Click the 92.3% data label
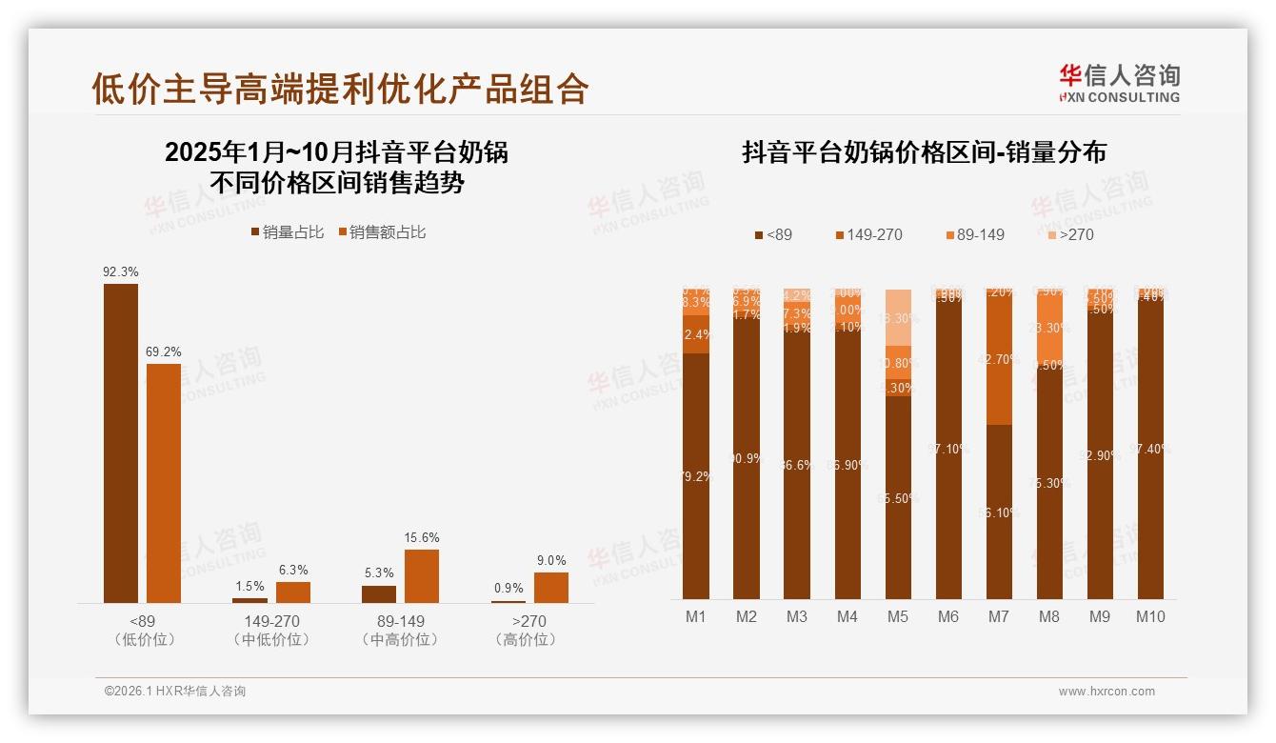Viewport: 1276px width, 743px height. point(121,272)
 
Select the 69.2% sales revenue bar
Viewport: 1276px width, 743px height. point(164,483)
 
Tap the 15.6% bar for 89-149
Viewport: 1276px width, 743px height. point(422,576)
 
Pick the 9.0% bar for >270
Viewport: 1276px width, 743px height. point(551,588)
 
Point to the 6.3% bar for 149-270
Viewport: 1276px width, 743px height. point(293,592)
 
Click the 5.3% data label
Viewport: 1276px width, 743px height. point(379,573)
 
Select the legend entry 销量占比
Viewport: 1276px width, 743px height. point(287,232)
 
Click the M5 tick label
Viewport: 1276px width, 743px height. point(898,617)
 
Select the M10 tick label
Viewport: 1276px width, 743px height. point(1150,617)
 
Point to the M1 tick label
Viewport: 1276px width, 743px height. point(696,617)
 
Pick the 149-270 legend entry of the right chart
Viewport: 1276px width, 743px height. point(867,235)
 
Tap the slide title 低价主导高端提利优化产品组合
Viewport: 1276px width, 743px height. point(340,89)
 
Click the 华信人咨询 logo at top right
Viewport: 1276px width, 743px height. point(1119,83)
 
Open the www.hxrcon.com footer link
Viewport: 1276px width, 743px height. point(1107,692)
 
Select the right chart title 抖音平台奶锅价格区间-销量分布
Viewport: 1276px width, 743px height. point(924,153)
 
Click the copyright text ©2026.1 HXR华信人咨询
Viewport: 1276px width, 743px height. point(175,692)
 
